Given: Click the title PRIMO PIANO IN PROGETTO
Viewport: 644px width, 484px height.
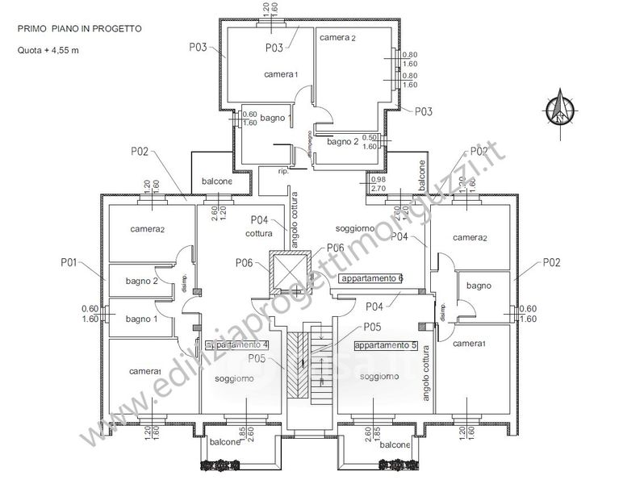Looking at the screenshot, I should (x=80, y=28).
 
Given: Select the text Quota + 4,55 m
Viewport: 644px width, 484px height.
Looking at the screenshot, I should (x=48, y=50).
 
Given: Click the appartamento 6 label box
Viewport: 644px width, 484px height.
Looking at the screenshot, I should (x=372, y=278).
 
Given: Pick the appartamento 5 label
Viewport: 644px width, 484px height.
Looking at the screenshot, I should (x=386, y=344).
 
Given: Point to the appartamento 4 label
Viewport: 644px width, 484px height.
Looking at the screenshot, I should (x=237, y=345).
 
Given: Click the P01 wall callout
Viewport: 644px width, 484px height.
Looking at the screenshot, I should (x=68, y=262).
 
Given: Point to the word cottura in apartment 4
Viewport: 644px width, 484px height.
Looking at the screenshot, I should (x=260, y=233).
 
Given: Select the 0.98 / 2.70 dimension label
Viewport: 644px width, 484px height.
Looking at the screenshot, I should (x=378, y=183).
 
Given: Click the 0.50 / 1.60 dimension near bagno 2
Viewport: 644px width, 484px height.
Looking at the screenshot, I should (x=370, y=142).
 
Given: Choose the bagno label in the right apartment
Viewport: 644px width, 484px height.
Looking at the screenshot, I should (x=479, y=286).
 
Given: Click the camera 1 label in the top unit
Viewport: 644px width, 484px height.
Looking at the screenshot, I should (x=281, y=74).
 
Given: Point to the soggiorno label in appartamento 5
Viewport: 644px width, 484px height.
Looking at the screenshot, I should (x=379, y=377).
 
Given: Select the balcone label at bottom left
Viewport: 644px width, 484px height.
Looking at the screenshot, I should (x=225, y=442).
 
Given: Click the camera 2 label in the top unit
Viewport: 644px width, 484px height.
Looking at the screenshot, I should (x=337, y=38).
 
